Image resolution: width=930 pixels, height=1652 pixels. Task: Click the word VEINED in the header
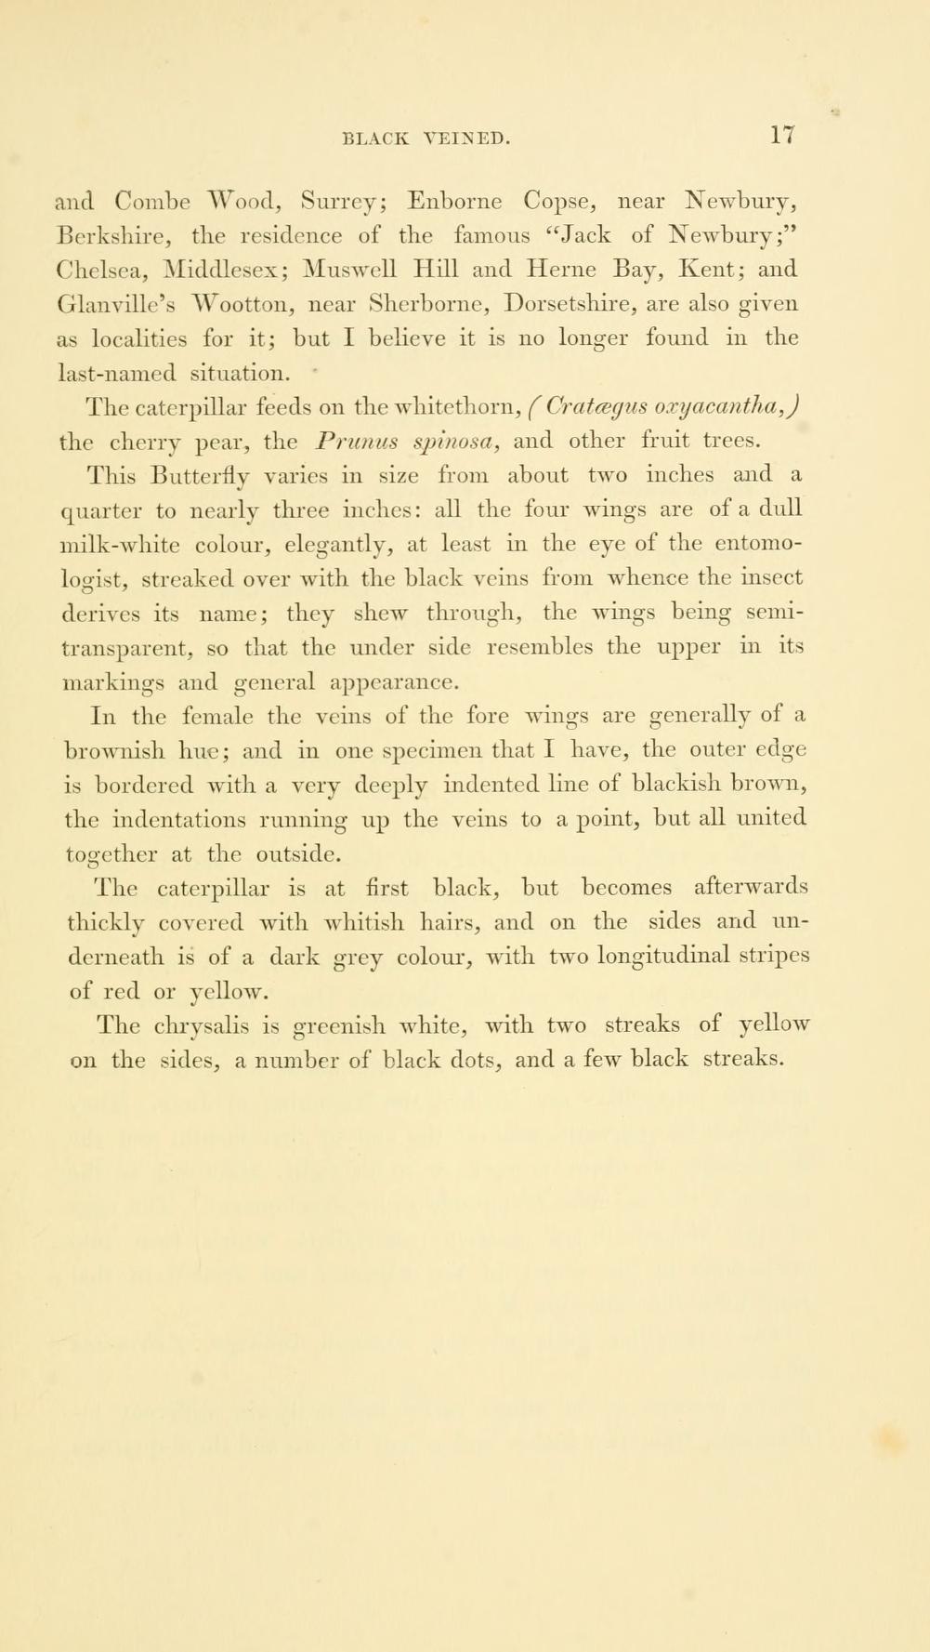[x=466, y=139]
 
